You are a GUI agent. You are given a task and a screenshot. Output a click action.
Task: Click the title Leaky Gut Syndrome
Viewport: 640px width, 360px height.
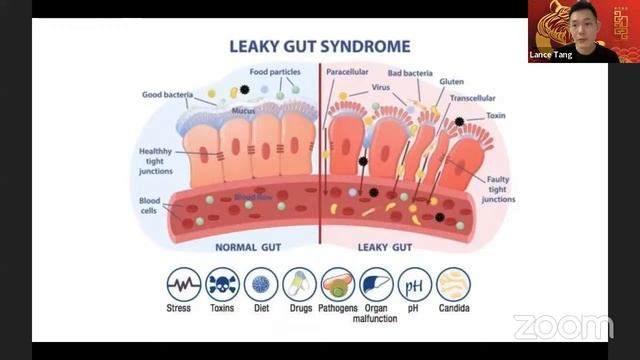pos(320,46)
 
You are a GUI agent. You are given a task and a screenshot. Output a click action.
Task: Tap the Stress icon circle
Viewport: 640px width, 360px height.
pos(183,284)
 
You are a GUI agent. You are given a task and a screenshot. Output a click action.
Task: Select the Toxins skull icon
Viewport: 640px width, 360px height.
pos(222,284)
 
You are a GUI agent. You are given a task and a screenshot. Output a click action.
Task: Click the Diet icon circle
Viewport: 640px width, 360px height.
pos(261,284)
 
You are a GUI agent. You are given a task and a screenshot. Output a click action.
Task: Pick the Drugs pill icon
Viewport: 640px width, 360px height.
pos(299,284)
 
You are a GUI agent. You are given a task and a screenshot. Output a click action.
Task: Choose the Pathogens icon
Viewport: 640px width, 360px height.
pos(337,284)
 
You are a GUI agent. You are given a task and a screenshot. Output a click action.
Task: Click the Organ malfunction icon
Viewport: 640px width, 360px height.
pos(376,284)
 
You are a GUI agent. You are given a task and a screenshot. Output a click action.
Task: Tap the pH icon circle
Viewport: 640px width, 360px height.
pos(415,284)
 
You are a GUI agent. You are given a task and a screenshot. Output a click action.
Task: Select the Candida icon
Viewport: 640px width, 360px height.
pos(453,284)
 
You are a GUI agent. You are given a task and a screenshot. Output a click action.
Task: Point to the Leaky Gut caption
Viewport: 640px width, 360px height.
pos(386,246)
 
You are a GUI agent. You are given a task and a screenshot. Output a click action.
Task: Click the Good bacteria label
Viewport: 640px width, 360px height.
pos(165,94)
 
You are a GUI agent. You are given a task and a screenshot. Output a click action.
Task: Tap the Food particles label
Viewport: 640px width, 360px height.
pos(274,72)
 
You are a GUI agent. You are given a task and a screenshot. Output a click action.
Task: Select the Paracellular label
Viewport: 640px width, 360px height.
pos(348,72)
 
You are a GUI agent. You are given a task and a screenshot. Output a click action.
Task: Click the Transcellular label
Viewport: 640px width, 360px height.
pos(471,98)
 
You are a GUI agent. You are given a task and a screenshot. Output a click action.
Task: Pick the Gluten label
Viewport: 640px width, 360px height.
pos(452,81)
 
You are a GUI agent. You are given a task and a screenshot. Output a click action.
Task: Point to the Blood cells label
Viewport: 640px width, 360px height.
pos(149,206)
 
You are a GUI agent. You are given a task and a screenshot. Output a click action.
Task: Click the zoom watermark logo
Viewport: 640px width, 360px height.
pos(563,327)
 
